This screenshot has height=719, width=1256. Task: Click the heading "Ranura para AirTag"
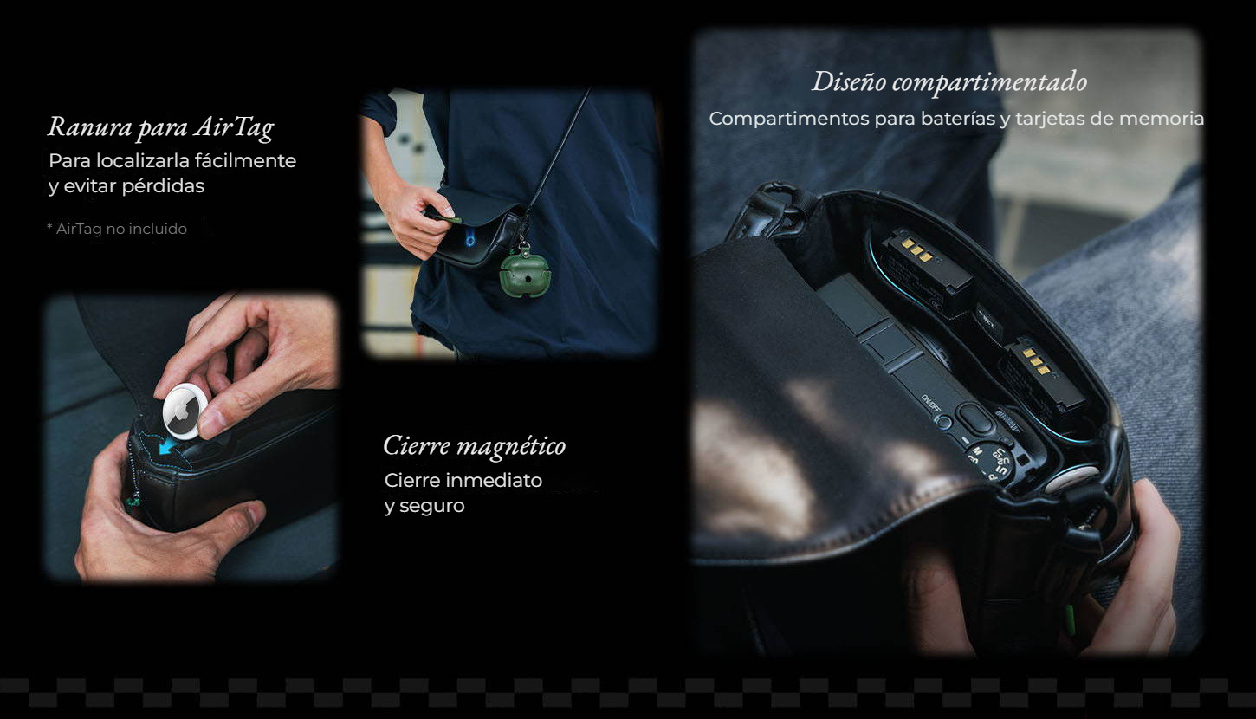(161, 127)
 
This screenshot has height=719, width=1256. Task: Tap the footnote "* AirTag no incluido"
(117, 229)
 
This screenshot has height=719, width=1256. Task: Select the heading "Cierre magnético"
(475, 446)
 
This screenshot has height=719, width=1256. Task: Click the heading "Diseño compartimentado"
(949, 82)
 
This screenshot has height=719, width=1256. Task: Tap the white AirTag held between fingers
(185, 411)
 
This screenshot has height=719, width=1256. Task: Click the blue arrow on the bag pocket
(167, 446)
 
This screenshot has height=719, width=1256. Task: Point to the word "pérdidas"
(163, 186)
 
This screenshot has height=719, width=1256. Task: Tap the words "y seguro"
(424, 507)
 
